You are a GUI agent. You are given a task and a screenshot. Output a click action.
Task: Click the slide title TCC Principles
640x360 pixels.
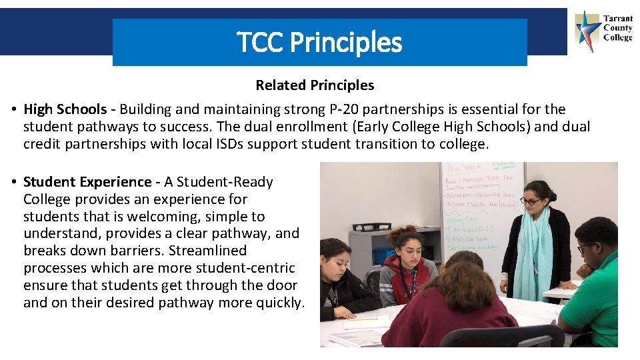(319, 42)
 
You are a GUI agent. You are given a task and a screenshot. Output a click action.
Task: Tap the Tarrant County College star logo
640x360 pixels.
(587, 30)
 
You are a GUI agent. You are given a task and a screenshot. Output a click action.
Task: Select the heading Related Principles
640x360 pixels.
(315, 85)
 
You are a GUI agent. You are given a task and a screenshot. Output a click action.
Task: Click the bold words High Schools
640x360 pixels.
(65, 109)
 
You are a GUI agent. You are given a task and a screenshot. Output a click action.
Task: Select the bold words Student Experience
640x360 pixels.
(87, 182)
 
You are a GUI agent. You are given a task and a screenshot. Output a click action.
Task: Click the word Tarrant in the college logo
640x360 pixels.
(617, 19)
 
